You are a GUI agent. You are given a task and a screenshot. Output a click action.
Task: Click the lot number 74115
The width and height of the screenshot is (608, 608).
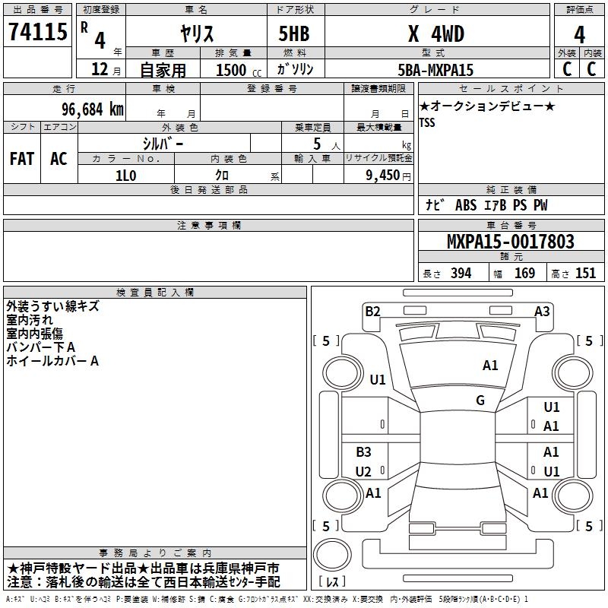38,32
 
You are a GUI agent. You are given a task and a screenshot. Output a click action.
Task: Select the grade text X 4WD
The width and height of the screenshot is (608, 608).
436,33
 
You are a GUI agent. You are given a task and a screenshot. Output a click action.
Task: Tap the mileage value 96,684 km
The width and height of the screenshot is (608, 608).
92,109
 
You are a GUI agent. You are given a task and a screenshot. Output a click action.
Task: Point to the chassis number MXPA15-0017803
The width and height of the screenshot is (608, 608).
511,242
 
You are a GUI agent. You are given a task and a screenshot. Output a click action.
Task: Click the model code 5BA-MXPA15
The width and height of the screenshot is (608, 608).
435,70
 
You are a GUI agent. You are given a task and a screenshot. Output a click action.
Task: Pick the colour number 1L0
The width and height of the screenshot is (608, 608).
126,176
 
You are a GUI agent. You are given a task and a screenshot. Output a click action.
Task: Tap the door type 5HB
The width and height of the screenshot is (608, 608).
294,33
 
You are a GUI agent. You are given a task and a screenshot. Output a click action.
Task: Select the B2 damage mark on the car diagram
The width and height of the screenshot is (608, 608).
372,312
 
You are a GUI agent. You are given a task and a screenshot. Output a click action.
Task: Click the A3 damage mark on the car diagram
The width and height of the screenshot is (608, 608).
542,312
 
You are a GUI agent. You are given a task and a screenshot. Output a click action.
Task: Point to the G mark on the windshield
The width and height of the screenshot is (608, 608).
480,400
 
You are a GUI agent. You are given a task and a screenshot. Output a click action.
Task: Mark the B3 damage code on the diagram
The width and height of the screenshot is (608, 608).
364,451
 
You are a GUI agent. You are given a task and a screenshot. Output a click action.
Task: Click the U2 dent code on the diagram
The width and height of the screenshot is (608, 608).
363,471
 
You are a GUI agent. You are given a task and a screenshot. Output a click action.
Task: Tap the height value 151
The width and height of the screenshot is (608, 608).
585,273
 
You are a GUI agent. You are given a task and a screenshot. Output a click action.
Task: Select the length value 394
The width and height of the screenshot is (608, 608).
461,273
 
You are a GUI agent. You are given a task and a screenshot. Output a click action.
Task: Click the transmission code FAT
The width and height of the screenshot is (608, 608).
22,159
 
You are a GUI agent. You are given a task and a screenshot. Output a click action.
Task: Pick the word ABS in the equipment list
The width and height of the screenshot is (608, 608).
466,205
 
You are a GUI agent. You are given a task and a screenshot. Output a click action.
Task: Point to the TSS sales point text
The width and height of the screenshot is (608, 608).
427,122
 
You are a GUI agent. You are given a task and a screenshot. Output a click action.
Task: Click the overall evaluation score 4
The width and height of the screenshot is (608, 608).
579,35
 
